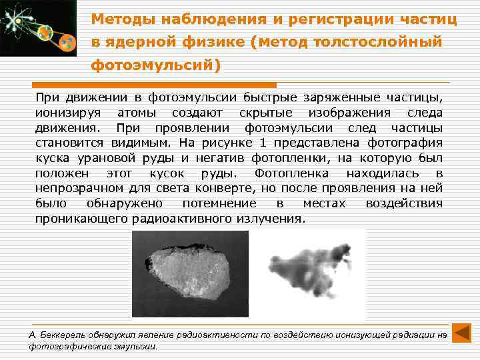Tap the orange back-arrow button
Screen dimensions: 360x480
click(461, 333)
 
